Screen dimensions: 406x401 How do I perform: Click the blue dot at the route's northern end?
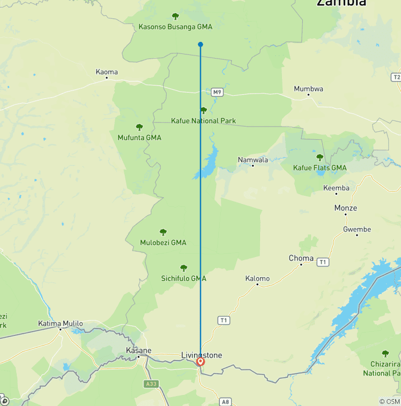(x=200, y=44)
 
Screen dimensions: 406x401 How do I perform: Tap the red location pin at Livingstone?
(x=200, y=362)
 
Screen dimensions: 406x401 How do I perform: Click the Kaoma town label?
(x=107, y=72)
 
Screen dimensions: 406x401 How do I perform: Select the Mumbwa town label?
(x=308, y=89)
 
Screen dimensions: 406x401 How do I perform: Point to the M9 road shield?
(x=218, y=93)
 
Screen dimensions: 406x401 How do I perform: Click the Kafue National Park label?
(x=204, y=121)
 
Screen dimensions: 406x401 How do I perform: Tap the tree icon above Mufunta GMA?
(x=139, y=127)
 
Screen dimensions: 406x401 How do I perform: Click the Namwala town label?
(x=253, y=160)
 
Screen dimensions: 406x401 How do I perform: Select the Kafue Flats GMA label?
(x=320, y=168)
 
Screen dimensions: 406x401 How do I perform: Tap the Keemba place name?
(x=336, y=188)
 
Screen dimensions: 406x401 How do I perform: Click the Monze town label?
(x=346, y=208)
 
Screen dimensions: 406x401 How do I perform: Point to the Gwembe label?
(x=357, y=229)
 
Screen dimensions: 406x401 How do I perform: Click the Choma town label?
(x=301, y=258)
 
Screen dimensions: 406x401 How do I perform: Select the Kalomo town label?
(x=257, y=278)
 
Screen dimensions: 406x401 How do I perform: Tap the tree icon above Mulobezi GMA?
(x=163, y=232)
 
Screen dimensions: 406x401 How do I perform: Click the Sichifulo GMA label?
(x=184, y=278)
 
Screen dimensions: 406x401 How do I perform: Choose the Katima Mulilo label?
(x=61, y=323)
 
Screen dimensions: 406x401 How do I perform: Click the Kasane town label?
(x=138, y=350)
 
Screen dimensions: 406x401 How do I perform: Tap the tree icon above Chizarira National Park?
(x=385, y=354)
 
